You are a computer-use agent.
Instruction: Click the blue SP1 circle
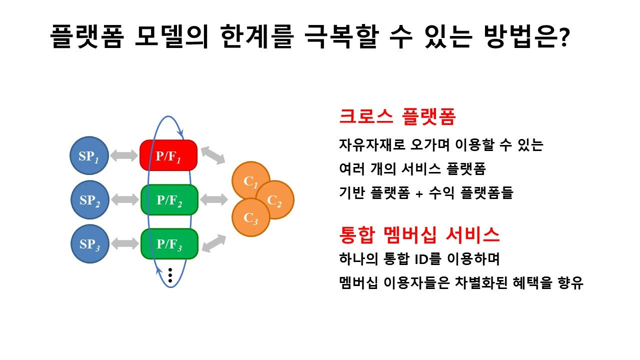tap(89, 155)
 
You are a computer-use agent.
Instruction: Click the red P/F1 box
tap(168, 155)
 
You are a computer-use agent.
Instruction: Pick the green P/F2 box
tap(169, 199)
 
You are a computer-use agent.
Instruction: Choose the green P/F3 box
tap(169, 244)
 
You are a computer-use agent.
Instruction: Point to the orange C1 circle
tap(250, 180)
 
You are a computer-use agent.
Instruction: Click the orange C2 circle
tap(274, 200)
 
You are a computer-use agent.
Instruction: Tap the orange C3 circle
tap(250, 217)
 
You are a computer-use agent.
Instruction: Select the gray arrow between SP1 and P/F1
tap(124, 155)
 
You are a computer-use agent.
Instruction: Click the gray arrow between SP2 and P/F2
tap(124, 200)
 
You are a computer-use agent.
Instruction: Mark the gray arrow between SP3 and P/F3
tap(124, 244)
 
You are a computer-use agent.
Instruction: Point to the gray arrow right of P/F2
tap(214, 199)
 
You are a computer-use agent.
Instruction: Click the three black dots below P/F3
tap(170, 275)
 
